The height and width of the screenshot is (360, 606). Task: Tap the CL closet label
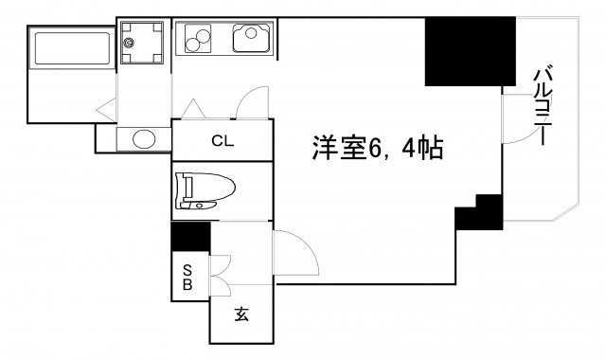(x=223, y=142)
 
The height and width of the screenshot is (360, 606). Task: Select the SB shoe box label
(x=187, y=276)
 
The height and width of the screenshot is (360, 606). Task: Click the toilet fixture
(x=200, y=190)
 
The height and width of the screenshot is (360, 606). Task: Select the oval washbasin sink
(x=144, y=139)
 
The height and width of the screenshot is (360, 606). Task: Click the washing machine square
(x=141, y=42)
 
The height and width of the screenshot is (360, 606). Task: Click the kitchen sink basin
(x=251, y=39)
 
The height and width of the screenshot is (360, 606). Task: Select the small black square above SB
(x=190, y=235)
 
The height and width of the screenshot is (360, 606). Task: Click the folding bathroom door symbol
(x=107, y=106)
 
